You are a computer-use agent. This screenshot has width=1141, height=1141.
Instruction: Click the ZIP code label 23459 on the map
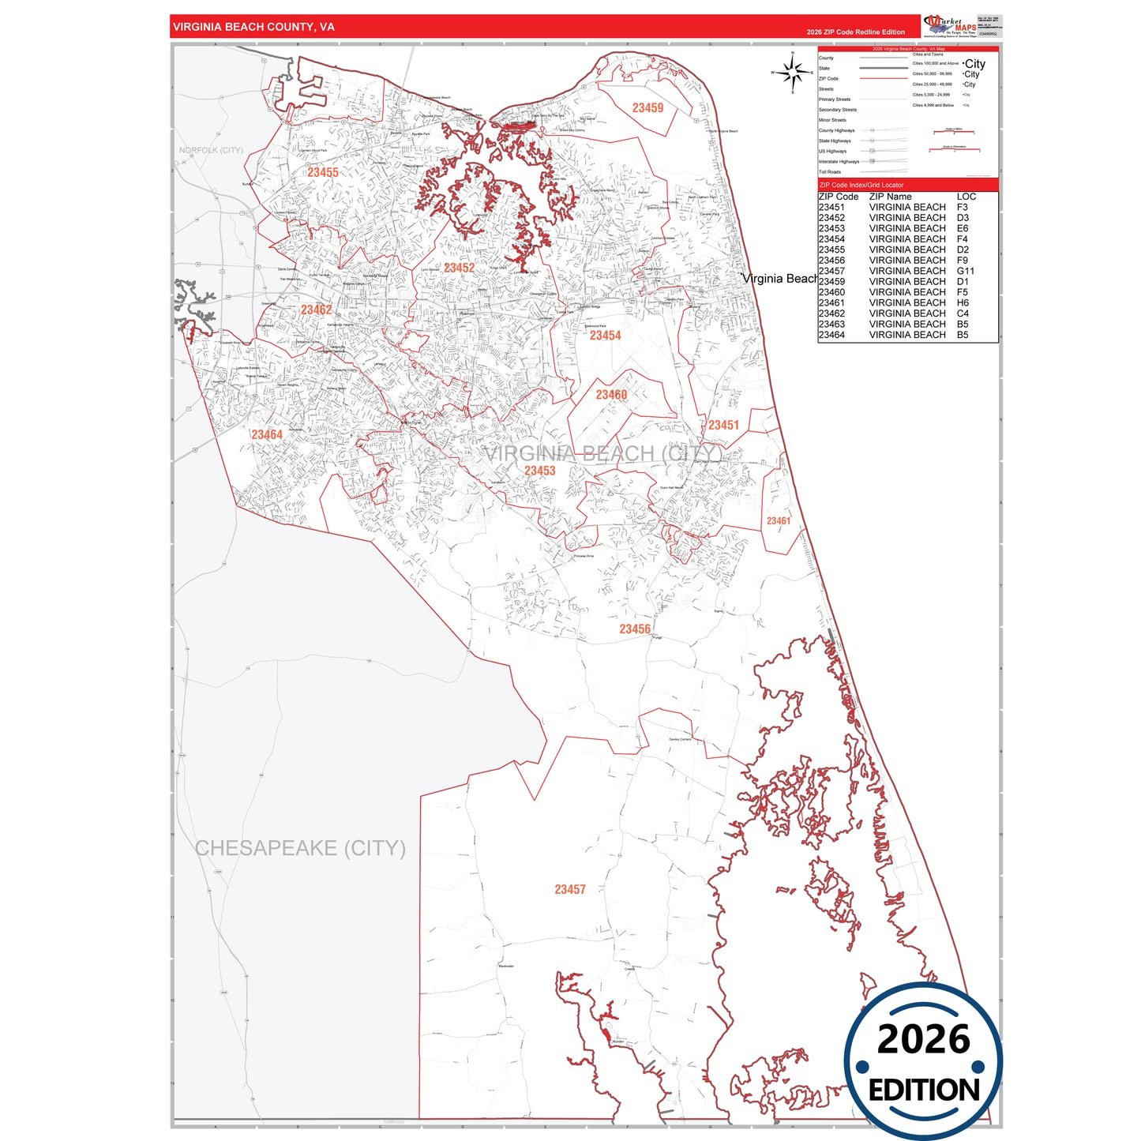(647, 108)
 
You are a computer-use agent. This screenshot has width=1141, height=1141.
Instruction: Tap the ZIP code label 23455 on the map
(323, 173)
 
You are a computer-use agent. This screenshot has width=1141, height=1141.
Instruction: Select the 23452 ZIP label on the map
(459, 268)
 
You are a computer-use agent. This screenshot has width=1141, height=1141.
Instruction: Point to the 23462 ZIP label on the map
(316, 310)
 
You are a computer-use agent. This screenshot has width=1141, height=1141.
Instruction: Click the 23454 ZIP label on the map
(605, 336)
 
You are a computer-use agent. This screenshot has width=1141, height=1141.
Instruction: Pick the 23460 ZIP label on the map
(611, 395)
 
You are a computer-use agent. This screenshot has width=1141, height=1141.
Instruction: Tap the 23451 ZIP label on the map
(723, 426)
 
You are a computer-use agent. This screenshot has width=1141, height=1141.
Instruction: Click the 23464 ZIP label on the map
(267, 435)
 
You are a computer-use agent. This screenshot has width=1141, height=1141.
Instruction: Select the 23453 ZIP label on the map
(540, 471)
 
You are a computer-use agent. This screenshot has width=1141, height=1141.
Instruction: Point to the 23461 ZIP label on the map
(778, 521)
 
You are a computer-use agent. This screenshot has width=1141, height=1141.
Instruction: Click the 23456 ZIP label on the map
(635, 629)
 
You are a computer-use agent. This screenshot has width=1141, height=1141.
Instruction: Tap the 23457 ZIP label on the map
(570, 890)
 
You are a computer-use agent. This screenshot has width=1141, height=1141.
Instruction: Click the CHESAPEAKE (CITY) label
(300, 848)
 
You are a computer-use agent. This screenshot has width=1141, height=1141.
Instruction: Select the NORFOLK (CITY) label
(211, 150)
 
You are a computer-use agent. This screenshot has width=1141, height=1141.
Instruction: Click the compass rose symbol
(793, 73)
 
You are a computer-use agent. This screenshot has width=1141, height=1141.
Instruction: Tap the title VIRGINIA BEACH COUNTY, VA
(253, 27)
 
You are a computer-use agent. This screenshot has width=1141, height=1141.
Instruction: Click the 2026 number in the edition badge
(923, 1039)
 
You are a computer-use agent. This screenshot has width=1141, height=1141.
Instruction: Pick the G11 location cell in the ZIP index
(965, 271)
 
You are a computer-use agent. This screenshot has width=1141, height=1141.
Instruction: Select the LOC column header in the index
(966, 197)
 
